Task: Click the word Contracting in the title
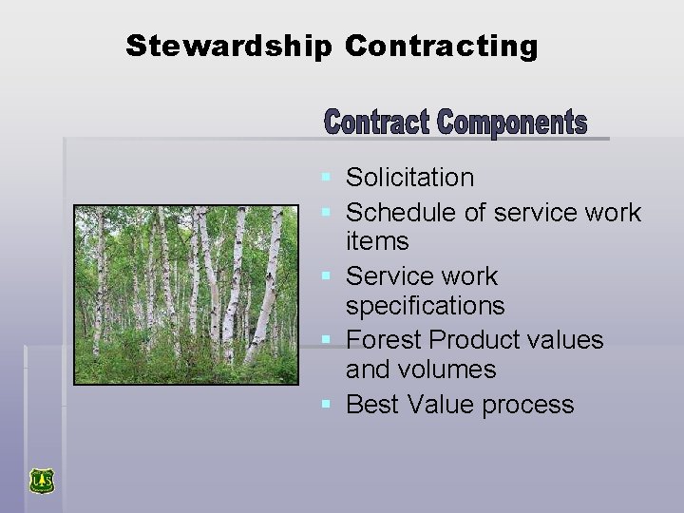442,46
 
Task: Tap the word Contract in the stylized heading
377,123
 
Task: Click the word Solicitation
409,178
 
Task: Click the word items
377,241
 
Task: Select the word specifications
426,306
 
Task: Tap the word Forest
385,339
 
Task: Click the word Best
372,405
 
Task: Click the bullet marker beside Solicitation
327,178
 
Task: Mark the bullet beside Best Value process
327,405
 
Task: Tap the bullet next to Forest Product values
327,339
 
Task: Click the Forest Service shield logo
41,481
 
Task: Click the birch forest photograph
186,294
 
